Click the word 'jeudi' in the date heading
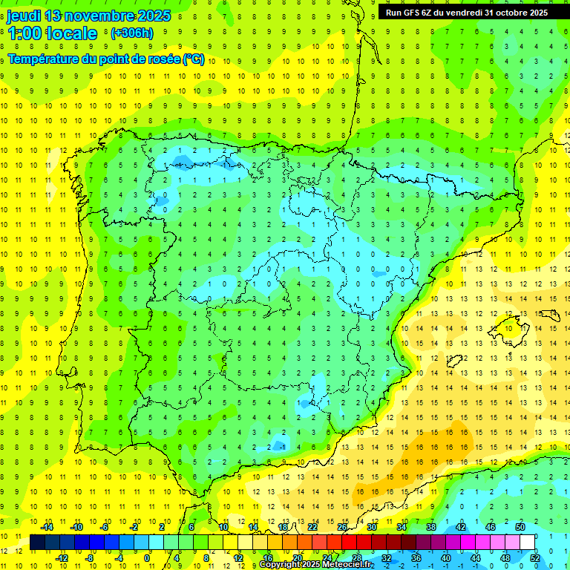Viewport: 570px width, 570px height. pyautogui.click(x=24, y=16)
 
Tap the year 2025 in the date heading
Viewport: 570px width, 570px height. pyautogui.click(x=151, y=16)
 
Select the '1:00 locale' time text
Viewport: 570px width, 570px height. pyautogui.click(x=52, y=33)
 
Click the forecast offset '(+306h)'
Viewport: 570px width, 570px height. pyautogui.click(x=132, y=33)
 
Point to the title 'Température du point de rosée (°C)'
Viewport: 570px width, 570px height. pyautogui.click(x=106, y=59)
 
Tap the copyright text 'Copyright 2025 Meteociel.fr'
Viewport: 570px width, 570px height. pyautogui.click(x=315, y=565)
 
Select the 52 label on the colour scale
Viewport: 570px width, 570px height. pyautogui.click(x=534, y=557)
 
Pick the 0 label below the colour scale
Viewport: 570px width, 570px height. pyautogui.click(x=148, y=557)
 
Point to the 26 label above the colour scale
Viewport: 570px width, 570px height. pyautogui.click(x=342, y=526)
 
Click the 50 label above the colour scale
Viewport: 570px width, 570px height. pyautogui.click(x=520, y=526)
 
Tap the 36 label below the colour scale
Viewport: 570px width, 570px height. pyautogui.click(x=416, y=557)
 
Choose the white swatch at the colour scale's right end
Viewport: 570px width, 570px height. pyautogui.click(x=528, y=542)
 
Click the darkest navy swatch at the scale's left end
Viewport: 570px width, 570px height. pyautogui.click(x=37, y=542)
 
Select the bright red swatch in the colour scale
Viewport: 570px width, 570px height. pyautogui.click(x=350, y=542)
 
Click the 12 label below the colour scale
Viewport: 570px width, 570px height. pyautogui.click(x=237, y=557)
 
